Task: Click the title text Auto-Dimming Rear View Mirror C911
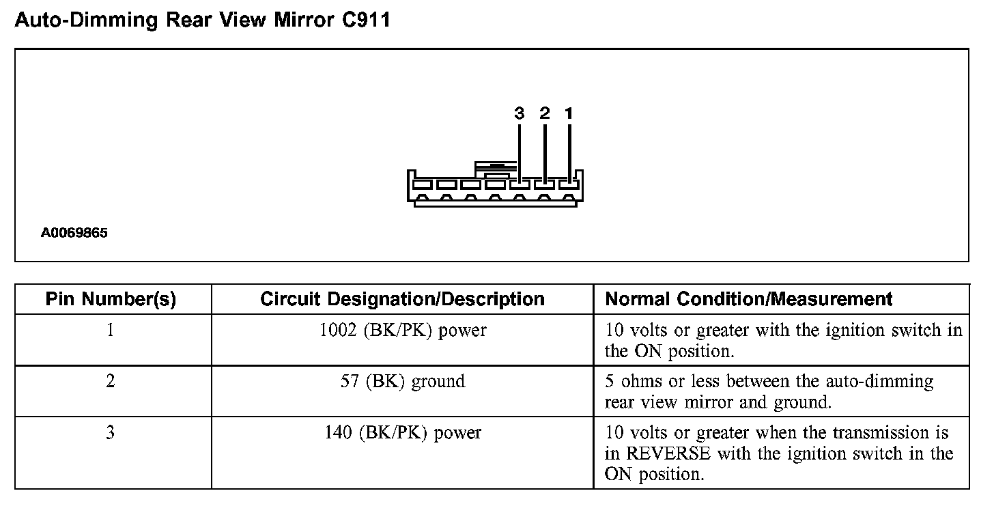[202, 20]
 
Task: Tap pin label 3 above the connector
[520, 113]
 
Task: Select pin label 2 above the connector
[544, 113]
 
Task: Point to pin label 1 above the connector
[569, 113]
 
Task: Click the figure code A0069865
[74, 233]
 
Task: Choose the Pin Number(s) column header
[111, 299]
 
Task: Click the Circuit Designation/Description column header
[402, 299]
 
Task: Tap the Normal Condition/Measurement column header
[749, 299]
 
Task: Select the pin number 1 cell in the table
[111, 331]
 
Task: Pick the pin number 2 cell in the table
[111, 381]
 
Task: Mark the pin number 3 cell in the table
[111, 433]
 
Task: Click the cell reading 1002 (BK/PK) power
[403, 331]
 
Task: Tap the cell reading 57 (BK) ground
[403, 381]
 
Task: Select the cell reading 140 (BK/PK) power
[403, 433]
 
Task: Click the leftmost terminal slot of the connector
[422, 184]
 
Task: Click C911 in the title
[365, 20]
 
